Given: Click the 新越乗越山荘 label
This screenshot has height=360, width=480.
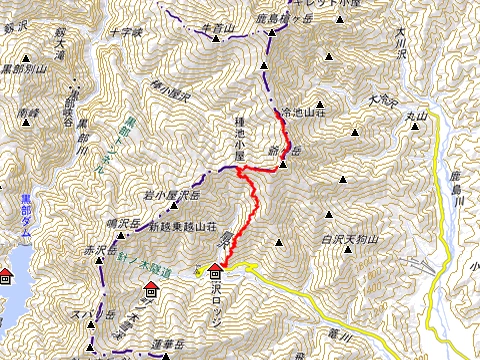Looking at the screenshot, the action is (x=182, y=228).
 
